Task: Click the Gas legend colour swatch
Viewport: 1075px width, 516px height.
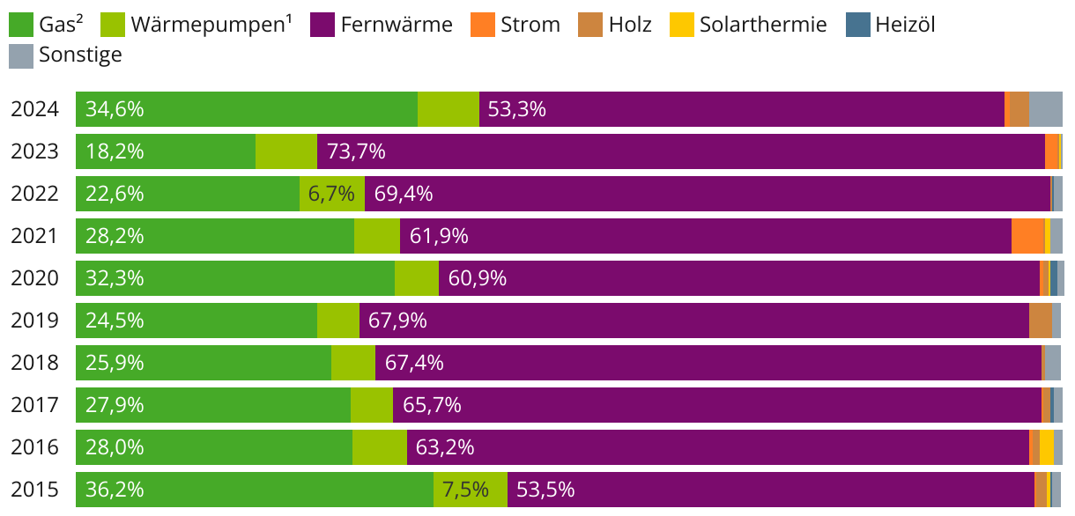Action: point(22,25)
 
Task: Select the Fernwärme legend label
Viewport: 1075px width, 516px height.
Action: point(397,25)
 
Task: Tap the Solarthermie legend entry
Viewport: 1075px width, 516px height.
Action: point(763,25)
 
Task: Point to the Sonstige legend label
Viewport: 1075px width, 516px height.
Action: point(80,55)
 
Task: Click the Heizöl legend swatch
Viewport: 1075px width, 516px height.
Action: point(860,25)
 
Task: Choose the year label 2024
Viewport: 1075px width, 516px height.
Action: point(34,109)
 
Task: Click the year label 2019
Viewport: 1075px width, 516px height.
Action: point(34,321)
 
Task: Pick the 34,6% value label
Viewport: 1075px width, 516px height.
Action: point(115,109)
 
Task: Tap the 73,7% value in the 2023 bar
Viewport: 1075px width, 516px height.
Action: point(356,151)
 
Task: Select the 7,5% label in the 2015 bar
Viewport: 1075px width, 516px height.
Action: point(465,490)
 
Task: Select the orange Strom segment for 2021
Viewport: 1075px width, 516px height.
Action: point(1027,236)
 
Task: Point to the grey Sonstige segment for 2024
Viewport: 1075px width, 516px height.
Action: point(1046,109)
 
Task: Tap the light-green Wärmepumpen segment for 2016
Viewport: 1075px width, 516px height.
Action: point(380,447)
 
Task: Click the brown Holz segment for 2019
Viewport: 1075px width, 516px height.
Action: point(1040,321)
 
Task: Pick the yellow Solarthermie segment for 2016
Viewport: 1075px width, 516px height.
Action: point(1047,447)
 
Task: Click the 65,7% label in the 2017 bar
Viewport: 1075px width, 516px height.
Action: point(432,405)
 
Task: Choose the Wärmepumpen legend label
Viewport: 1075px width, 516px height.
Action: point(211,25)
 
